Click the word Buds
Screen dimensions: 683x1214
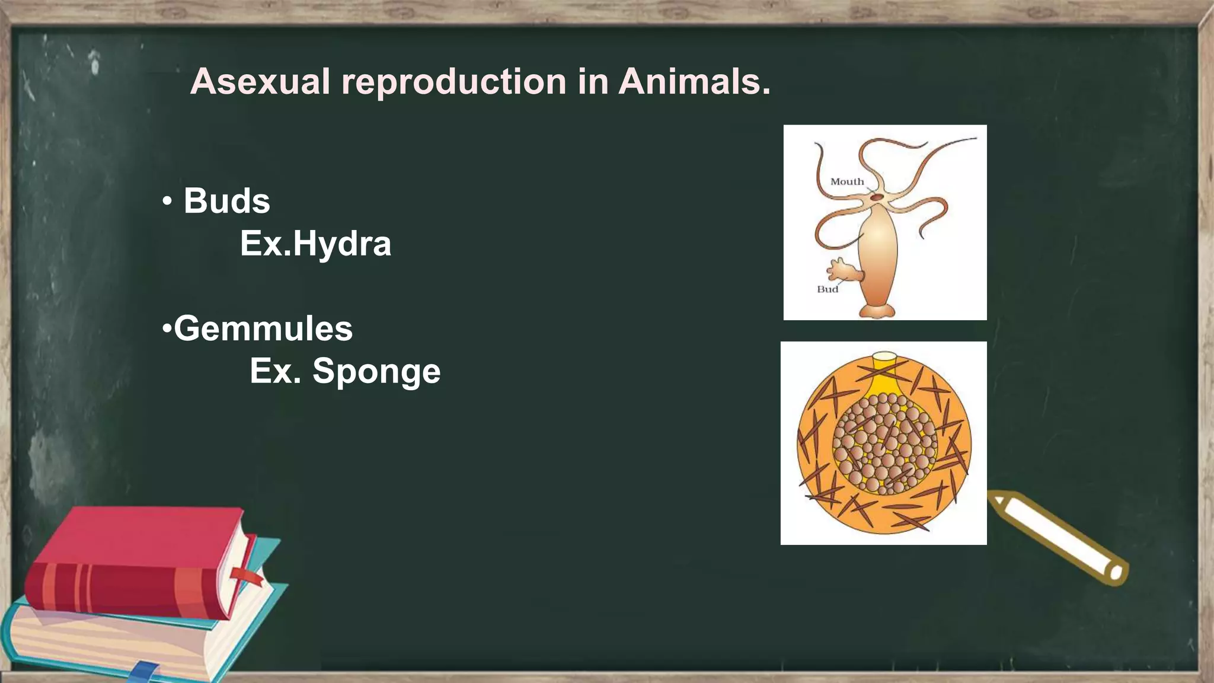[226, 201]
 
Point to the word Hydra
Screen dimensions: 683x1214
[342, 244]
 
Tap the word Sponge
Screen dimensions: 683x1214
[376, 371]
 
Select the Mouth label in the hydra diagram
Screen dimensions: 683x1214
[846, 182]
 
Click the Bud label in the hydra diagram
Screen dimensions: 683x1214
[828, 289]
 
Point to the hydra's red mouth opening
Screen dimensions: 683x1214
[877, 197]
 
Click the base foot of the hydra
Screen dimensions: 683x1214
[877, 311]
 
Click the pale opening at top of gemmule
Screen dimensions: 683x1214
[884, 357]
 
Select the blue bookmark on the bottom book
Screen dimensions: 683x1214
[144, 672]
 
